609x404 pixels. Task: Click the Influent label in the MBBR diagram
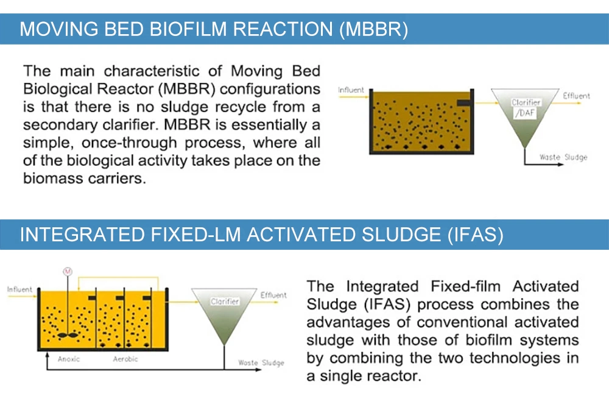click(x=351, y=90)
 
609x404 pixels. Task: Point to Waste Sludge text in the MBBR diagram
click(x=563, y=157)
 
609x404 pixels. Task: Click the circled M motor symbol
click(x=68, y=270)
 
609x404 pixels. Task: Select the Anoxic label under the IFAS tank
click(x=69, y=359)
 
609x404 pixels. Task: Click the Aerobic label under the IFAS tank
click(x=125, y=359)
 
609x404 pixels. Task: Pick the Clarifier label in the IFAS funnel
click(x=225, y=301)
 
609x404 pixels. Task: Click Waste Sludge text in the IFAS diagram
click(x=261, y=363)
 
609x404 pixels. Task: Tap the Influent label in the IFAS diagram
click(x=19, y=289)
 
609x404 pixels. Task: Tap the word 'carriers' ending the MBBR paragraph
click(x=118, y=180)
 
